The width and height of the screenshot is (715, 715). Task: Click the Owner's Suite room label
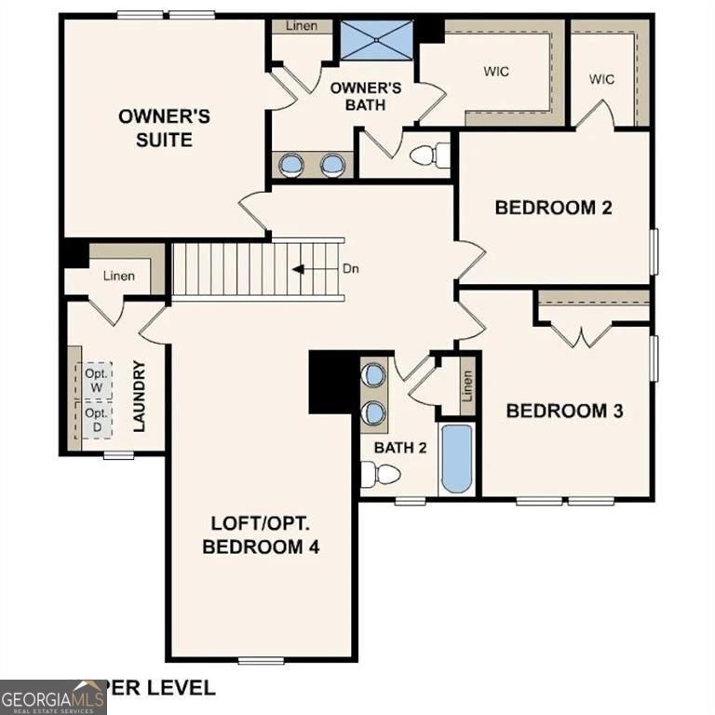click(x=164, y=128)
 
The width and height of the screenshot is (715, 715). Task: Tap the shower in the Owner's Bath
click(x=375, y=39)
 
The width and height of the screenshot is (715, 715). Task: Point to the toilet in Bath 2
click(x=380, y=475)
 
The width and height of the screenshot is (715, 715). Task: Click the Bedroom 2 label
click(x=553, y=207)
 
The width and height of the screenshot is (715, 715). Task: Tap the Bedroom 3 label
click(x=564, y=410)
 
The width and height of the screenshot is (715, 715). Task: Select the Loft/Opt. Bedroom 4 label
click(x=261, y=534)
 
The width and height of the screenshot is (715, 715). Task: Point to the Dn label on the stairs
click(x=351, y=269)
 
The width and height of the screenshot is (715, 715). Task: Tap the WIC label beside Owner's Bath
click(x=495, y=71)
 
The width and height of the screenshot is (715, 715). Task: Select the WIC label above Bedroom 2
click(x=601, y=78)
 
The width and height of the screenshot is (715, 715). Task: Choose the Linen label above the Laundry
click(x=118, y=276)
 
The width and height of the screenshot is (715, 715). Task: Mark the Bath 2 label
click(x=400, y=448)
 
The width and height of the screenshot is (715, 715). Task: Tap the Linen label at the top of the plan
click(x=301, y=26)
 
